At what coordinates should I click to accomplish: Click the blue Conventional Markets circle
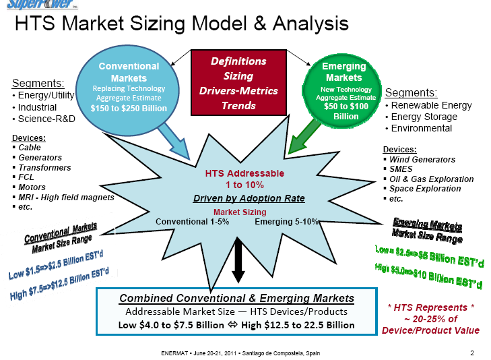[x=129, y=87]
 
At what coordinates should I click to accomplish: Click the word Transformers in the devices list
[x=44, y=167]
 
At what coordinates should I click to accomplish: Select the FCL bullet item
[x=26, y=177]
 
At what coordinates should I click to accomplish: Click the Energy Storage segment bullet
[x=424, y=117]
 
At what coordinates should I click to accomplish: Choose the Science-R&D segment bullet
[x=46, y=119]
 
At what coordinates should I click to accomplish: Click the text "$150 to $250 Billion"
[x=129, y=108]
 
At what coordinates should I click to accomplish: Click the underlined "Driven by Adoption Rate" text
[x=249, y=198]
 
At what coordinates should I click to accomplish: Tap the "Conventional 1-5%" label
[x=192, y=221]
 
